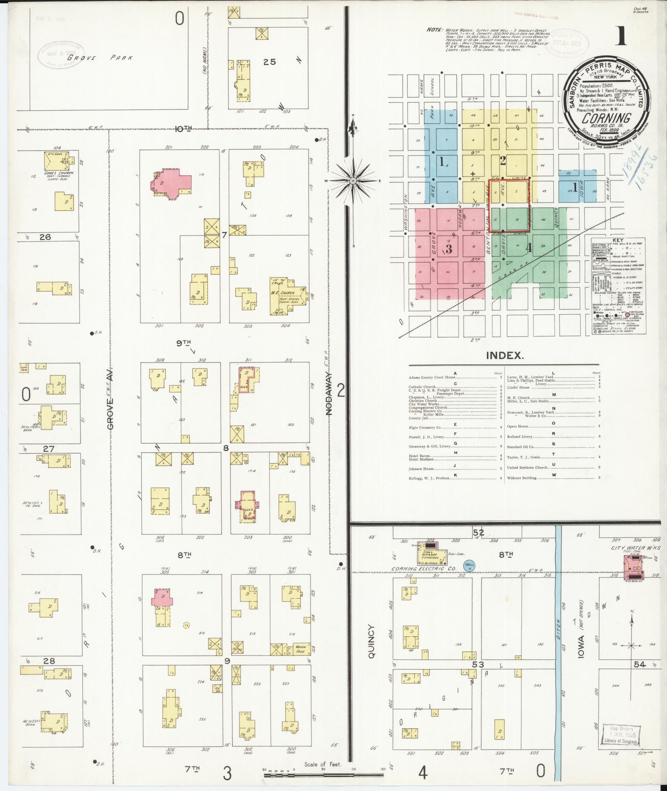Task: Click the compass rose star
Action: [353, 181]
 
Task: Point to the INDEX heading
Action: [504, 355]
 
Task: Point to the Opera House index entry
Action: [518, 426]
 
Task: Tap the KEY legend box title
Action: [619, 240]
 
